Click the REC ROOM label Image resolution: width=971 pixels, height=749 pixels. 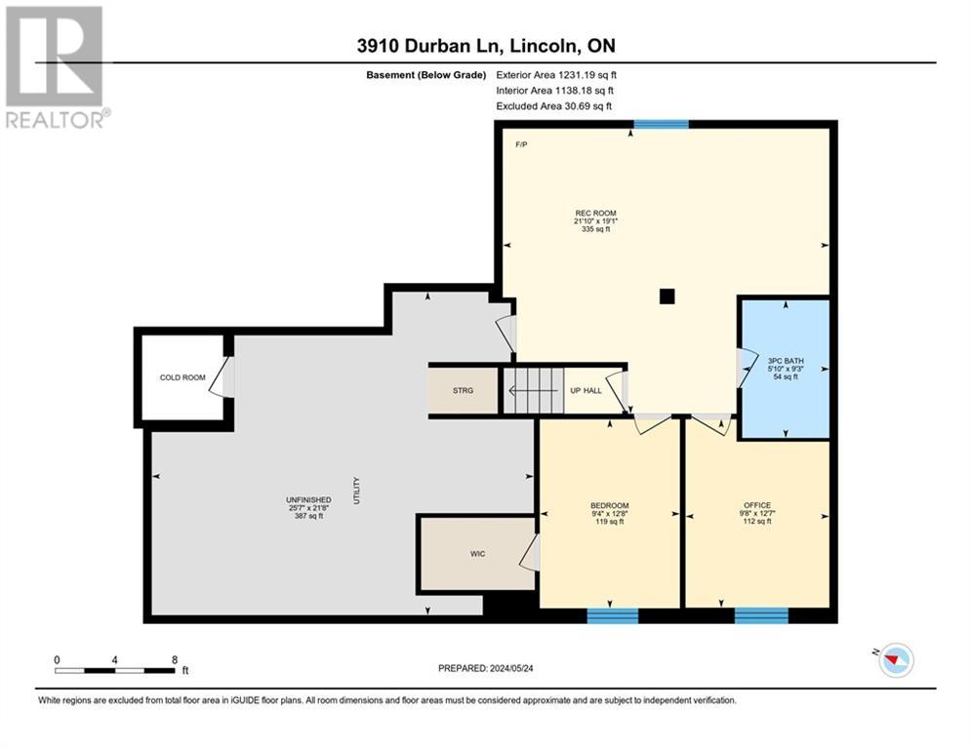tap(595, 213)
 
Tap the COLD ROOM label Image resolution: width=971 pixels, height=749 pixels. tap(182, 377)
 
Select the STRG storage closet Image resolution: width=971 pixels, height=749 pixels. tap(464, 391)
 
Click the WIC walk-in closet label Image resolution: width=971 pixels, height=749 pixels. tap(477, 553)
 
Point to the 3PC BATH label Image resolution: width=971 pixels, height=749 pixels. tap(786, 361)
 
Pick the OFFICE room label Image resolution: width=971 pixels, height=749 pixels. tap(757, 505)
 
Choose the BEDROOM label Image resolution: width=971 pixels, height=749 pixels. tap(609, 505)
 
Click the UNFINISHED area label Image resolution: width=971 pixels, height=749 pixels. tap(308, 499)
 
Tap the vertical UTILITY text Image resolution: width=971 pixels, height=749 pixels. tap(356, 491)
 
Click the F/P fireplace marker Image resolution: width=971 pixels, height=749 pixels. tap(521, 145)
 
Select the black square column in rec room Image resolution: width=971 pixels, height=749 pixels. tap(667, 296)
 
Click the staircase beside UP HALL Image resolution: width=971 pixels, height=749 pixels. tap(533, 391)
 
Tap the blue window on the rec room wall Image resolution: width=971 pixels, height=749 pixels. tap(662, 125)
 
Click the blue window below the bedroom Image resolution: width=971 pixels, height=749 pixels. tap(613, 615)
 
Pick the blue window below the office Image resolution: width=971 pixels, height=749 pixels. tap(762, 615)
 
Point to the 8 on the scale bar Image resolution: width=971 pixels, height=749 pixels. tap(175, 660)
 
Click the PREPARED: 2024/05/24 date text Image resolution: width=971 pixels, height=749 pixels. tap(486, 668)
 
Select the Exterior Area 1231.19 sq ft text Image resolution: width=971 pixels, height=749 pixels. tap(556, 75)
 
